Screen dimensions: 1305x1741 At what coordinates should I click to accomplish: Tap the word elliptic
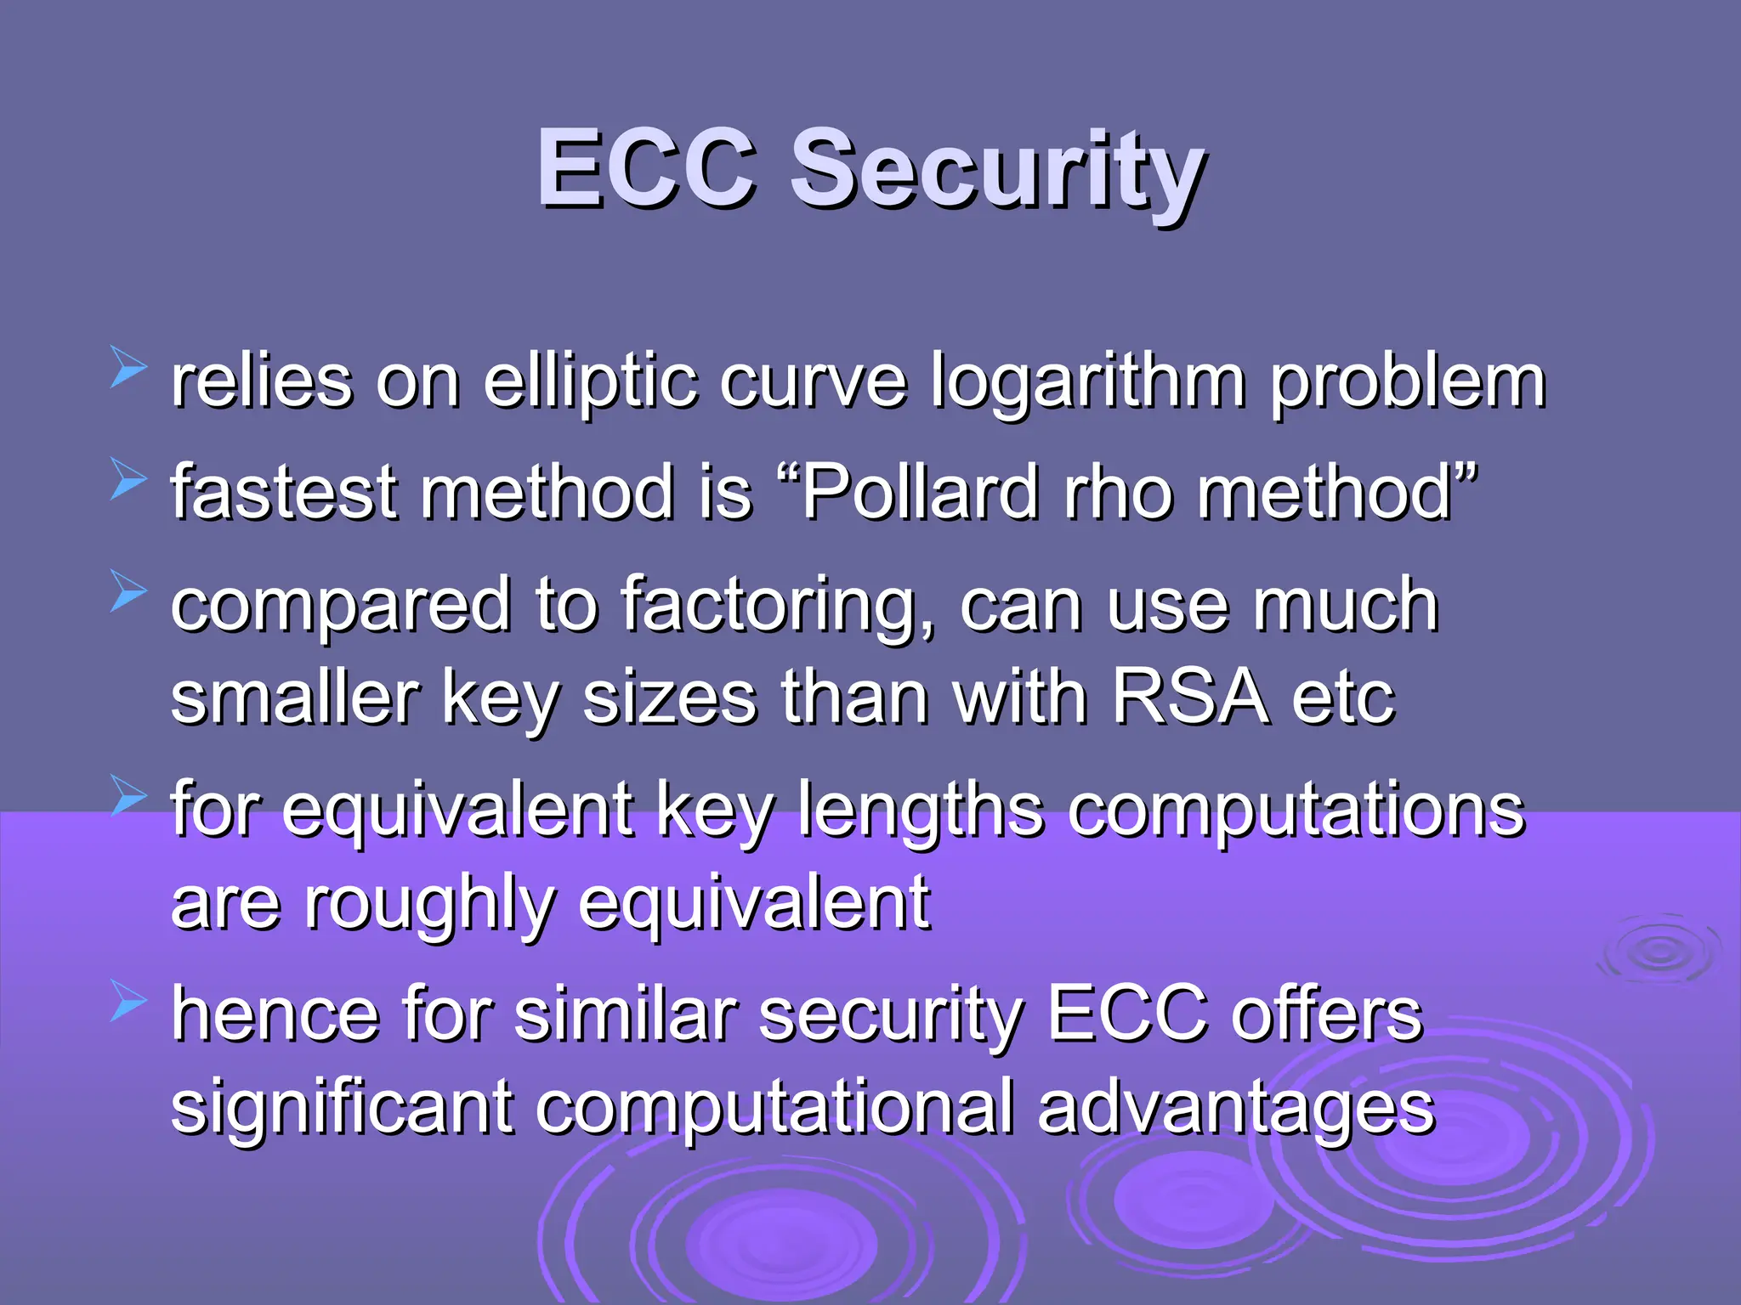click(592, 382)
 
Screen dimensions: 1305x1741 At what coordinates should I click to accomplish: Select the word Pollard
click(922, 493)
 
